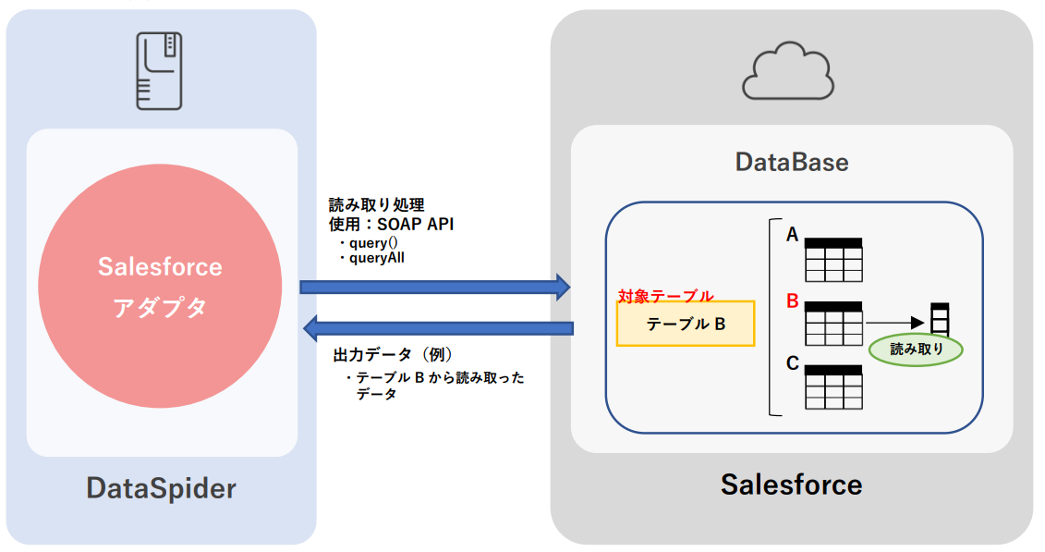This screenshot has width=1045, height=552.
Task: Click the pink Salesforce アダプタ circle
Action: pyautogui.click(x=160, y=287)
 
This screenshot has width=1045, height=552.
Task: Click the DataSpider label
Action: pyautogui.click(x=162, y=487)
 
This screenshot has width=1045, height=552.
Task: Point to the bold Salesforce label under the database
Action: pyautogui.click(x=791, y=484)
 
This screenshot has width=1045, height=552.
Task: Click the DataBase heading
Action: pyautogui.click(x=792, y=163)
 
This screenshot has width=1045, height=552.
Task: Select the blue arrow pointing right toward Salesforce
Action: pyautogui.click(x=434, y=287)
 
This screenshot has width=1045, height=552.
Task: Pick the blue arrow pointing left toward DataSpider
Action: pyautogui.click(x=439, y=327)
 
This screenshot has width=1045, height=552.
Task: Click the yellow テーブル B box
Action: pyautogui.click(x=686, y=324)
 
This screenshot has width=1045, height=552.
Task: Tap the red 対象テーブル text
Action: pyautogui.click(x=665, y=296)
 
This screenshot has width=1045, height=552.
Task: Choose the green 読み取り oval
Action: pyautogui.click(x=916, y=350)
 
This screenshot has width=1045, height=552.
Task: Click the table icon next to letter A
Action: pyautogui.click(x=833, y=260)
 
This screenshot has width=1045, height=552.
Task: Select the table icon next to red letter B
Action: pyautogui.click(x=833, y=323)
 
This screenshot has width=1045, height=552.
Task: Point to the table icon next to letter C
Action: pyautogui.click(x=833, y=386)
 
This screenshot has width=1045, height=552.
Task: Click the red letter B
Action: pyautogui.click(x=792, y=301)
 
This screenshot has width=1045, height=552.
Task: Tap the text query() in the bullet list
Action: pyautogui.click(x=372, y=242)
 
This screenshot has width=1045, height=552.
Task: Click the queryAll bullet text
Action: pyautogui.click(x=377, y=258)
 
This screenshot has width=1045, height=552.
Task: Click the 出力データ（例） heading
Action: pyautogui.click(x=392, y=355)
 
